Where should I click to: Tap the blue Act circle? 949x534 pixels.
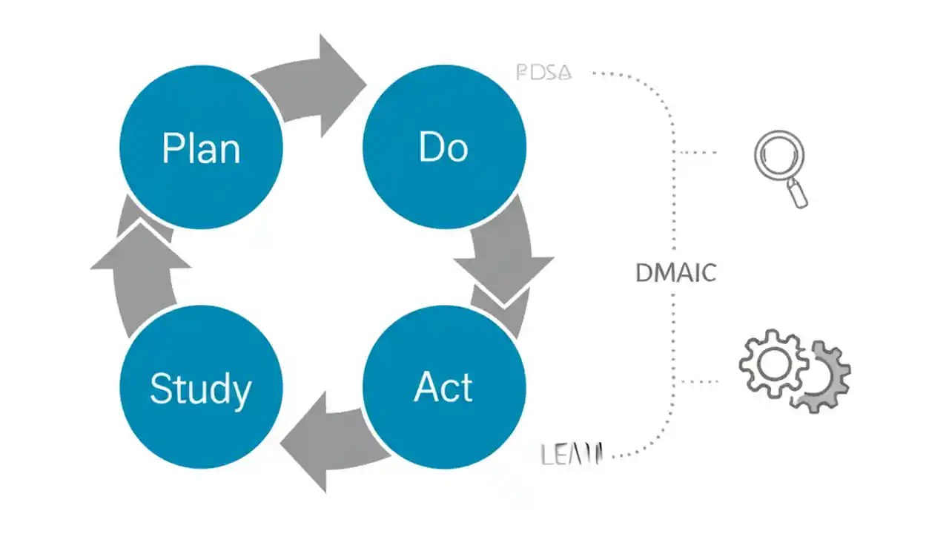[444, 387]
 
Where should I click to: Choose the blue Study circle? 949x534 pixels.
[201, 387]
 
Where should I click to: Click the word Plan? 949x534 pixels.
[201, 148]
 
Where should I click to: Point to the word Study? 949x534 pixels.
[201, 389]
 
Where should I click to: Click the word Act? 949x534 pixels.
[443, 387]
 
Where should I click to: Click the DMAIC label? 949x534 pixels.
[675, 273]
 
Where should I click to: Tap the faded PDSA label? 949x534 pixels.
[543, 73]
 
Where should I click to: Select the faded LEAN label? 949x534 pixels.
[572, 454]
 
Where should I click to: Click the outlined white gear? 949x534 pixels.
[773, 363]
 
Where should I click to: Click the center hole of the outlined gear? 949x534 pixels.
[773, 363]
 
